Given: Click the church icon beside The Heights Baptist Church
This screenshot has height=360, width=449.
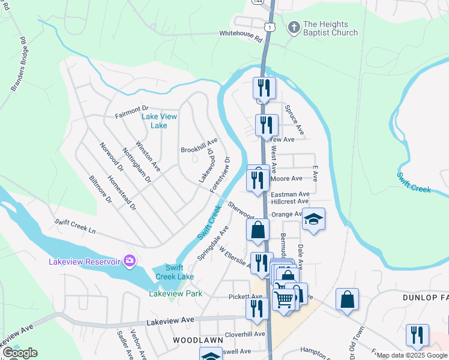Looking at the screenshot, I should [x=294, y=26].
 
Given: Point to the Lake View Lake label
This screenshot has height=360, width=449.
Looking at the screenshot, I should [x=159, y=121].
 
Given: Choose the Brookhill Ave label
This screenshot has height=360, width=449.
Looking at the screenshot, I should [x=199, y=145].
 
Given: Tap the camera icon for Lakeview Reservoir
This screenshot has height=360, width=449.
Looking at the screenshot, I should [x=128, y=260].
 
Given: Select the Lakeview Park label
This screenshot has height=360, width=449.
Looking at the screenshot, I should [x=175, y=293].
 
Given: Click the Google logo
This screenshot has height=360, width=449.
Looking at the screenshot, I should [x=19, y=353].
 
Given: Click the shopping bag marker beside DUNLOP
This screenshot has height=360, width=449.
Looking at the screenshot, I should [x=347, y=299].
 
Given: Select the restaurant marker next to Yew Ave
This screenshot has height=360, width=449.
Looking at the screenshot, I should [x=267, y=125].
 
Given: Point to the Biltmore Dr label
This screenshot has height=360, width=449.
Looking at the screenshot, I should [x=100, y=190].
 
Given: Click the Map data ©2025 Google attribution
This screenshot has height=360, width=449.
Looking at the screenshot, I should [x=412, y=355].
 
